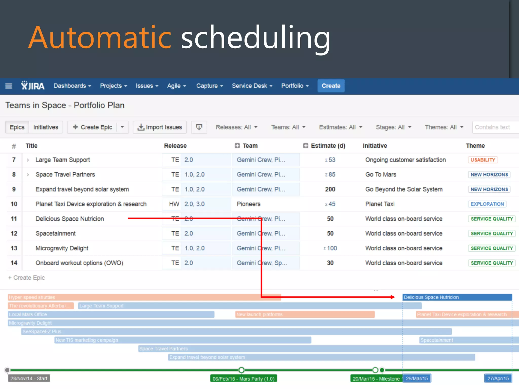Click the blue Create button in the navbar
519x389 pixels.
pyautogui.click(x=331, y=86)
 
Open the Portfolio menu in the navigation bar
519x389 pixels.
pyautogui.click(x=295, y=86)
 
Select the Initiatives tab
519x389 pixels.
pyautogui.click(x=46, y=127)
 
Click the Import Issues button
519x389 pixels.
pyautogui.click(x=160, y=127)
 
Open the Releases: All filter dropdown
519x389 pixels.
pyautogui.click(x=236, y=127)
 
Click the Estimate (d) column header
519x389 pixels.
pyautogui.click(x=328, y=146)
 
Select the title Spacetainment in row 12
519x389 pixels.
pyautogui.click(x=55, y=233)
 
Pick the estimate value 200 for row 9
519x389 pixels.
pyautogui.click(x=330, y=189)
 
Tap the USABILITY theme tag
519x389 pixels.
pyautogui.click(x=483, y=160)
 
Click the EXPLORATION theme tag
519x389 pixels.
pyautogui.click(x=487, y=204)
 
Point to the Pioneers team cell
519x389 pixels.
pyautogui.click(x=248, y=204)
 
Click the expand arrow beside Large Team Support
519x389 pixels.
pyautogui.click(x=28, y=160)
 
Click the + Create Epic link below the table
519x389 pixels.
pyautogui.click(x=27, y=278)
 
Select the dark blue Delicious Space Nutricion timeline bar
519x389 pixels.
pyautogui.click(x=457, y=297)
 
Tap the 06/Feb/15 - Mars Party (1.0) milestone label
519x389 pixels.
pyautogui.click(x=243, y=379)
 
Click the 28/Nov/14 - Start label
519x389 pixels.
pyautogui.click(x=29, y=378)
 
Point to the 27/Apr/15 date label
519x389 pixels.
pyautogui.click(x=498, y=378)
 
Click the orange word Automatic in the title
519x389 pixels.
pyautogui.click(x=100, y=37)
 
